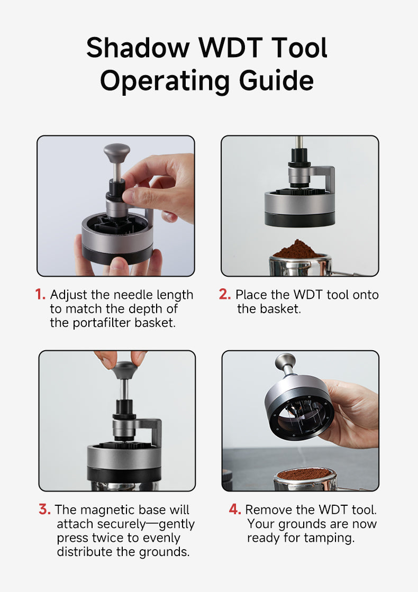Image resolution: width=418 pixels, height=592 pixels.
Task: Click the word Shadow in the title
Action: click(138, 48)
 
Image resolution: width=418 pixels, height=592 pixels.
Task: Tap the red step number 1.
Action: click(40, 295)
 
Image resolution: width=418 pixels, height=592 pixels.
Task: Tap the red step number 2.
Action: click(225, 295)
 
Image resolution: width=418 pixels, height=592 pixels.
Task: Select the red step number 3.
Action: click(44, 510)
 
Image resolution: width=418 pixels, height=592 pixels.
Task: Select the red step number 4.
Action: click(235, 510)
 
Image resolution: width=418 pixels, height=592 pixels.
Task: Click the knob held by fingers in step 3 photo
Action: click(123, 369)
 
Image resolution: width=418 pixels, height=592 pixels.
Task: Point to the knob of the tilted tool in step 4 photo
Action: click(285, 362)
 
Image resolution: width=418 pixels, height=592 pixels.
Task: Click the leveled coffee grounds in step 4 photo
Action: click(305, 473)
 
